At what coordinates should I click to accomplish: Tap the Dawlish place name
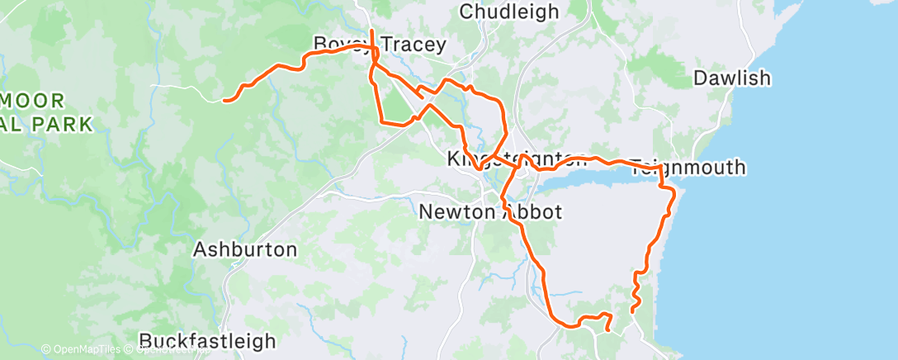(x=732, y=78)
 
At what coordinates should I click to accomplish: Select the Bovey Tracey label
(x=380, y=45)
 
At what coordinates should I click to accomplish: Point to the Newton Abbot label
(x=490, y=212)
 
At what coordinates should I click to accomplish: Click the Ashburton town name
(x=245, y=249)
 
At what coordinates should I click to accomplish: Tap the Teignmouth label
(x=688, y=168)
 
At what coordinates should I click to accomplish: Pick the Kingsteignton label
(x=517, y=158)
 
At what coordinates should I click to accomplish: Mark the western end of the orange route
(x=224, y=101)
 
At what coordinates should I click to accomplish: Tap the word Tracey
(x=413, y=45)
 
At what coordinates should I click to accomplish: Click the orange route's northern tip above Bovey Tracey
(x=372, y=31)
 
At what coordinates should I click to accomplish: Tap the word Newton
(x=456, y=212)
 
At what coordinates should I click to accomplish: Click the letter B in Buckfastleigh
(x=146, y=341)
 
